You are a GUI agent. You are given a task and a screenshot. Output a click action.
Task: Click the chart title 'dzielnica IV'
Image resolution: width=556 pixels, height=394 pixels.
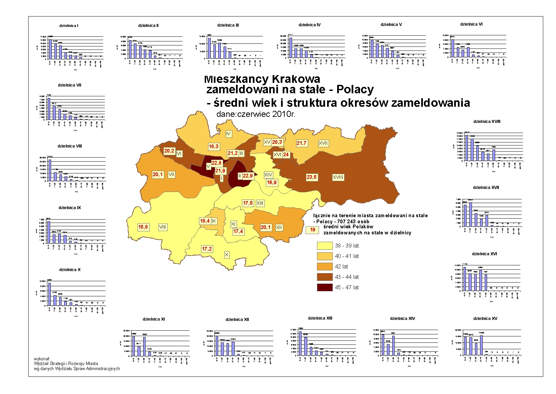click(309, 25)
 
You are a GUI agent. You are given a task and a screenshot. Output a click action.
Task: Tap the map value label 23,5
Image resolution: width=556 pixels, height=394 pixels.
click(312, 177)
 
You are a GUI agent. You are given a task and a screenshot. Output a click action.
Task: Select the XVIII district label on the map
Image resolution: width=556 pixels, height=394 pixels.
click(338, 177)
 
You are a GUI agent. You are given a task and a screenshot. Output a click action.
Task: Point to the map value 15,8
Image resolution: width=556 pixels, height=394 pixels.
click(143, 227)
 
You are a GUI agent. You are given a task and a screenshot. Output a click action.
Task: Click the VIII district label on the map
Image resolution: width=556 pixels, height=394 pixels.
click(163, 227)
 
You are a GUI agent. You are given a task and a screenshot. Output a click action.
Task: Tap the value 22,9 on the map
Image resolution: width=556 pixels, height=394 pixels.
click(248, 176)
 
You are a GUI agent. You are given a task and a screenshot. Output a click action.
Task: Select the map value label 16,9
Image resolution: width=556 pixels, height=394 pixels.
click(272, 183)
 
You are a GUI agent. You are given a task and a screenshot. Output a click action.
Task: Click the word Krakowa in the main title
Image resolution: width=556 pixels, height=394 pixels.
click(296, 79)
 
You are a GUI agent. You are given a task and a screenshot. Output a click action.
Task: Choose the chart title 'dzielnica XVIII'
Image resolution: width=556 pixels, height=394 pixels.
click(487, 122)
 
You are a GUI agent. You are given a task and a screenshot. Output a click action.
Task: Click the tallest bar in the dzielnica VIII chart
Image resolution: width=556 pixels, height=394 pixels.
click(50, 170)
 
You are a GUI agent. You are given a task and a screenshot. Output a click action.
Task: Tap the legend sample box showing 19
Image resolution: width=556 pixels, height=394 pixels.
click(313, 230)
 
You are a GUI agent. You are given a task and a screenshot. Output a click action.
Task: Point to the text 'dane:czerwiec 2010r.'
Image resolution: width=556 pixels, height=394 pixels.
click(255, 114)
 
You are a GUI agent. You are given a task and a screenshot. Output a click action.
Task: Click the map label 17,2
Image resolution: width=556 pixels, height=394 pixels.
click(207, 249)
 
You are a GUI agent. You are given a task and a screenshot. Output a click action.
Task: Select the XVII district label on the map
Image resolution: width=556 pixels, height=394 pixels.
click(323, 143)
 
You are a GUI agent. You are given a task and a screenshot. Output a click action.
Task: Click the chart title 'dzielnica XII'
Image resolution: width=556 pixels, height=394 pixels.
click(237, 320)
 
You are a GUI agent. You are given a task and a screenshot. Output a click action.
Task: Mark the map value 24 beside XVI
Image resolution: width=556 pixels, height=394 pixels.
click(286, 155)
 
